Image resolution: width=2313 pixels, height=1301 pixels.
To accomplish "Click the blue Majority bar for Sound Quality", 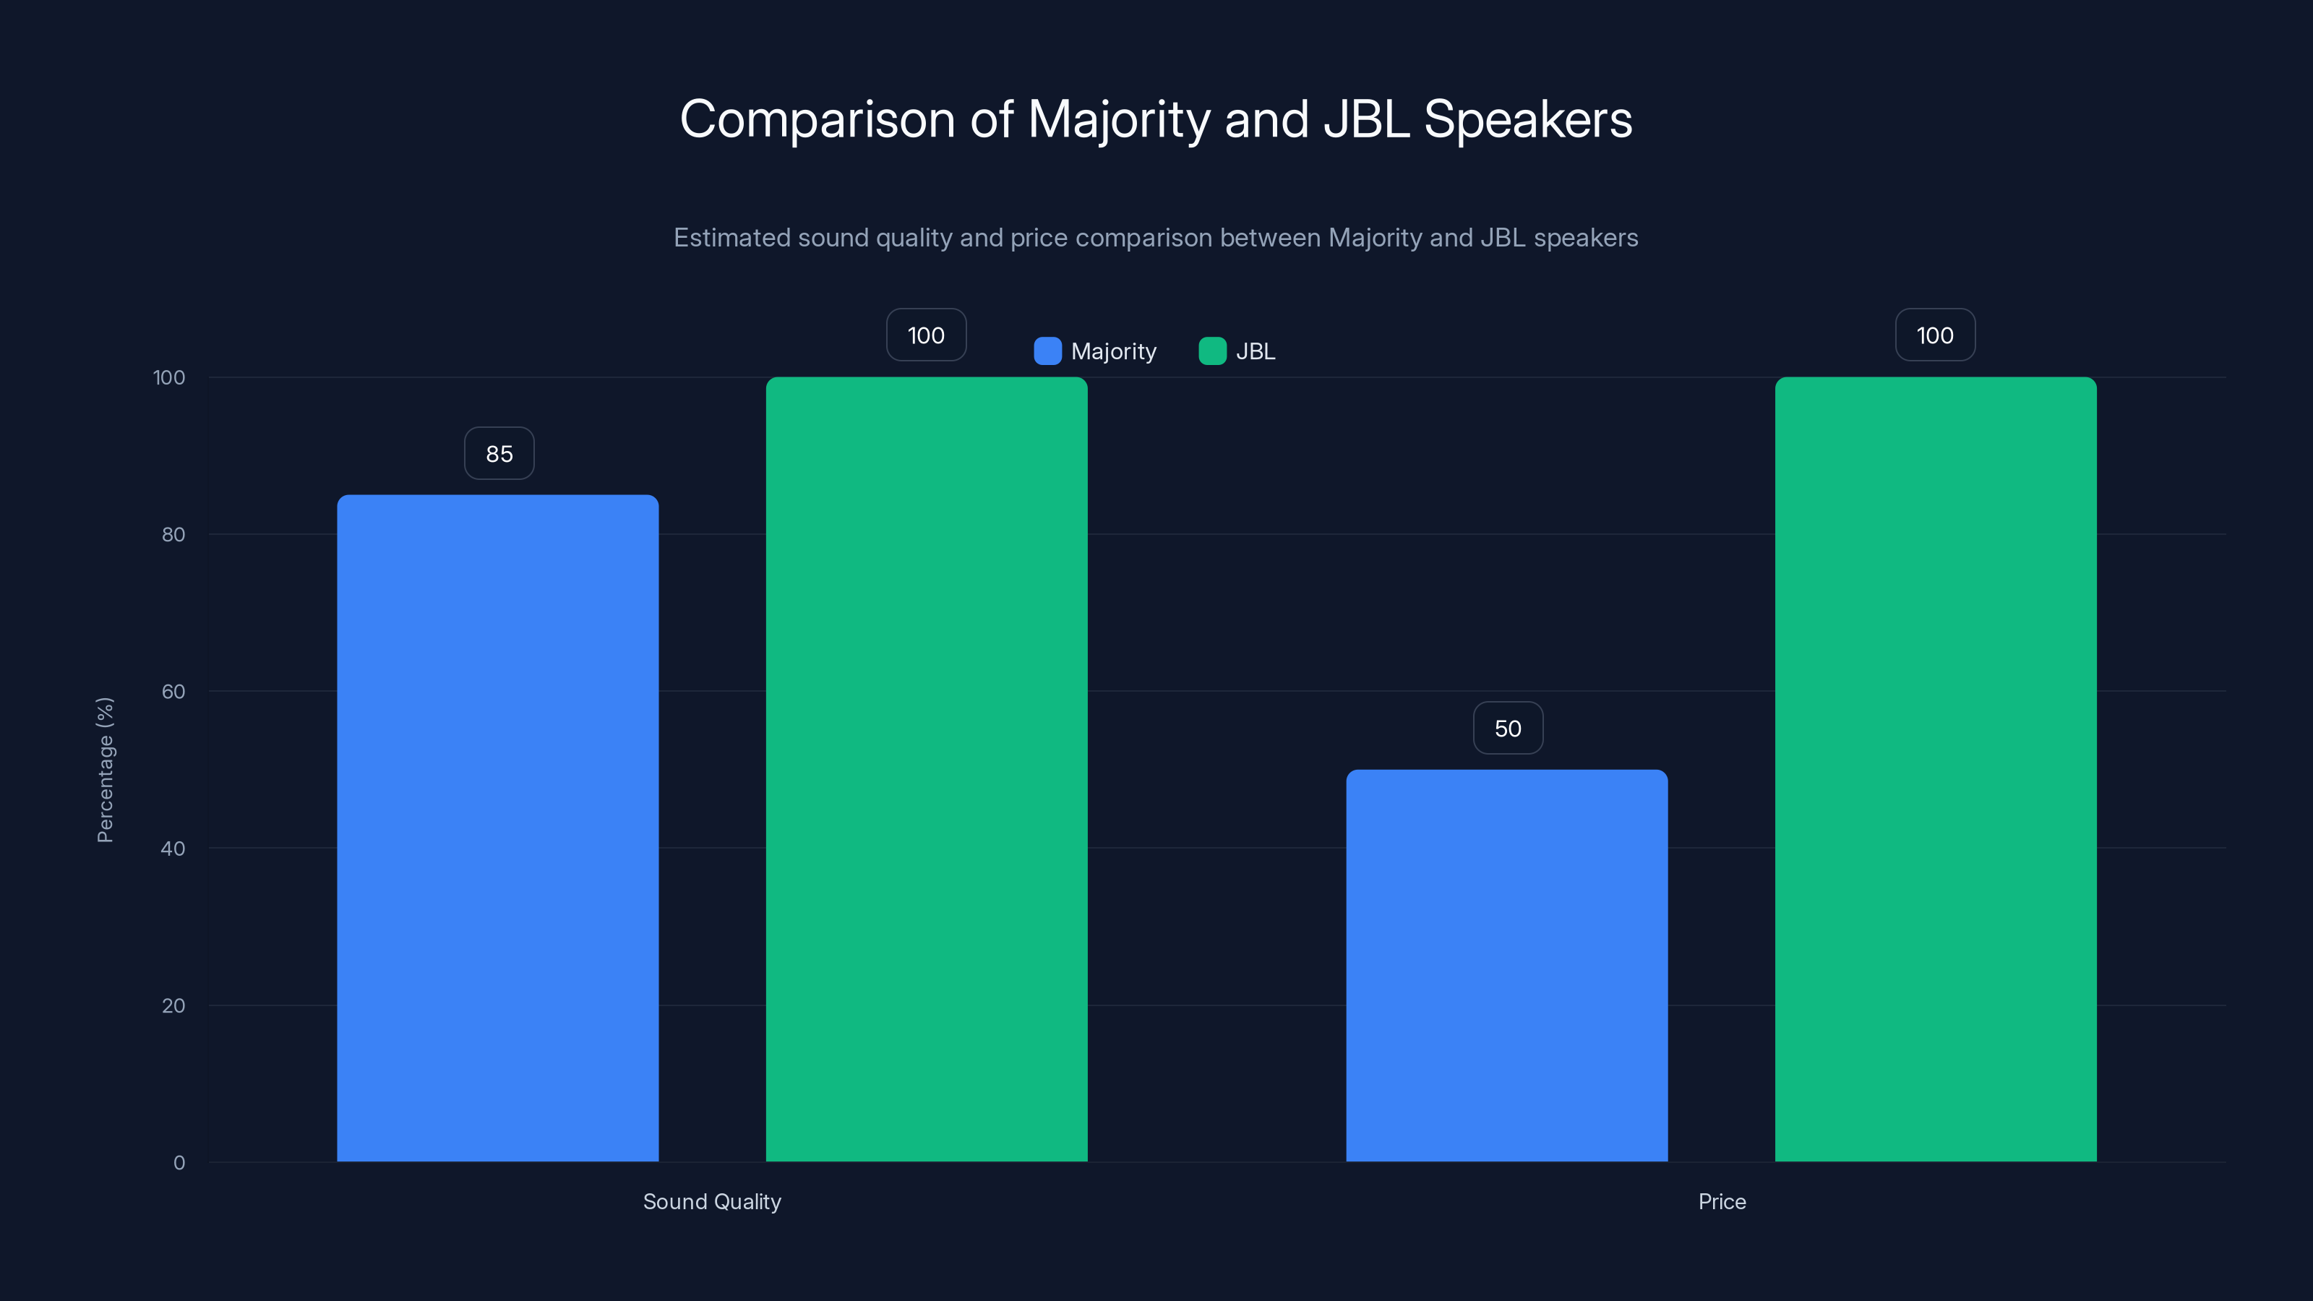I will click(x=497, y=828).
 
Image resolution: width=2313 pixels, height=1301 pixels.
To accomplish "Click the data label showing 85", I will click(x=499, y=453).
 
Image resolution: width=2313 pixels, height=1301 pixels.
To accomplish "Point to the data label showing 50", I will click(x=1508, y=728).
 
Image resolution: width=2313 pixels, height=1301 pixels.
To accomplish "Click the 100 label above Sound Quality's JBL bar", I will click(x=926, y=335).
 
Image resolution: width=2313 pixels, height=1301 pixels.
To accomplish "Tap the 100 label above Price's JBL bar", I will click(x=1934, y=335).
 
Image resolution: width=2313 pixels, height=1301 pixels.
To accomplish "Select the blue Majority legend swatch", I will click(x=1047, y=351).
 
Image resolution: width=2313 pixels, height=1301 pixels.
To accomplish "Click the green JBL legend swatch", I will click(x=1212, y=351).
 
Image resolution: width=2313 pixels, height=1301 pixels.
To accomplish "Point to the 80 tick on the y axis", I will click(x=173, y=534).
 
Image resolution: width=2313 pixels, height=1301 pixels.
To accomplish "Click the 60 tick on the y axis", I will click(x=173, y=692).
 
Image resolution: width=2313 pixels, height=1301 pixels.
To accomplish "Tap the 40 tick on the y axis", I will click(x=173, y=849).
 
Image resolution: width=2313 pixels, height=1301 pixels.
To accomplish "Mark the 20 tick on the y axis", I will click(x=173, y=1005).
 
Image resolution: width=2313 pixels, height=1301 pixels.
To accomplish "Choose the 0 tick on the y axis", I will click(x=179, y=1163).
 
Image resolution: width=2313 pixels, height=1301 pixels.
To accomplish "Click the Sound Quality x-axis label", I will click(x=712, y=1201).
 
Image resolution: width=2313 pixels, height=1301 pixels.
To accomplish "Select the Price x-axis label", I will click(x=1721, y=1201).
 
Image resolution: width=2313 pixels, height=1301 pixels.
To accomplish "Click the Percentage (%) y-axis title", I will click(x=105, y=770).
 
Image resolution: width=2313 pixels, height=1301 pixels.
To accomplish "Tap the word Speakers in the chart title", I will click(x=1527, y=119).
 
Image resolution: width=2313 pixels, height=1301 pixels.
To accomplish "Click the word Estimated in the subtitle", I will click(x=731, y=238).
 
